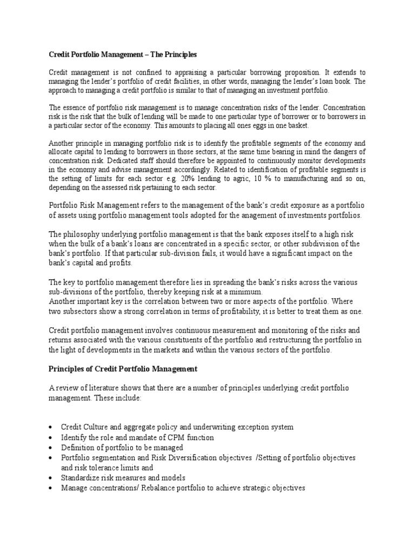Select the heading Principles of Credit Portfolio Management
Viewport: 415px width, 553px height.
[x=123, y=369]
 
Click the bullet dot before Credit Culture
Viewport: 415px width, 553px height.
[x=50, y=427]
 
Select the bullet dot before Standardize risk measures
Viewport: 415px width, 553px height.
[x=50, y=478]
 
